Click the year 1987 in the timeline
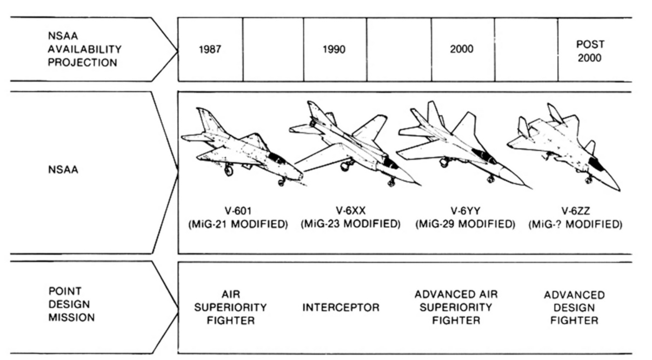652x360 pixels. (x=210, y=50)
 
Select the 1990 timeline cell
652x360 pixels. (x=334, y=50)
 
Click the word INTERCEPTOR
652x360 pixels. (x=341, y=308)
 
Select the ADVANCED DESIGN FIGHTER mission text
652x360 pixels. (x=574, y=308)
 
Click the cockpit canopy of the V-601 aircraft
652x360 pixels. (x=276, y=158)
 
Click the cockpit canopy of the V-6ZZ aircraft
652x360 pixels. (x=596, y=164)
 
